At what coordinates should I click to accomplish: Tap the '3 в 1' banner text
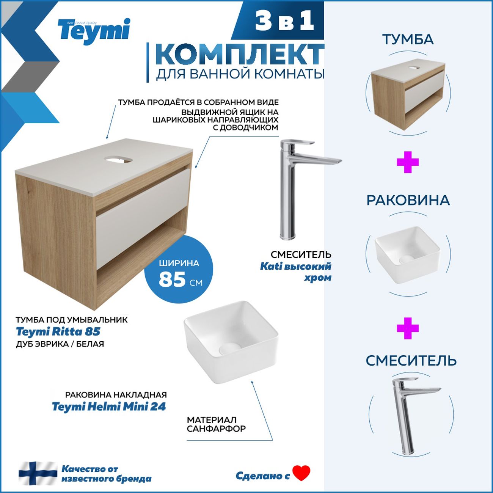[284, 20]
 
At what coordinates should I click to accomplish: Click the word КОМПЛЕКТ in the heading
[240, 55]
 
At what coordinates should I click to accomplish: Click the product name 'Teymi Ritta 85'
[58, 332]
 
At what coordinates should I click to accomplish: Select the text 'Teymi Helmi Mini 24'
[109, 407]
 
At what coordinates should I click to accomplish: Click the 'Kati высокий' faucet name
[295, 266]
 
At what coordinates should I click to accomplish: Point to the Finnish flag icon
[38, 473]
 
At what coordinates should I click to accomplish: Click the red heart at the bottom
[301, 473]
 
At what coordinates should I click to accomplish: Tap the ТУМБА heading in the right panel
[408, 39]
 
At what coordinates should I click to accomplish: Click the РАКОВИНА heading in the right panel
[408, 200]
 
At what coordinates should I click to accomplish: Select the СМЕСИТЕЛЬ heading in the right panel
[411, 361]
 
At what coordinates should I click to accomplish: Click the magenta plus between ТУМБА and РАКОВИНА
[408, 162]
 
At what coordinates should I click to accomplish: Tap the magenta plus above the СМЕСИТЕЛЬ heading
[408, 328]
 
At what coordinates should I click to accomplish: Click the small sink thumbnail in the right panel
[407, 254]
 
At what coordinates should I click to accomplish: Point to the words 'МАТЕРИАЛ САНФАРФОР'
[216, 424]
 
